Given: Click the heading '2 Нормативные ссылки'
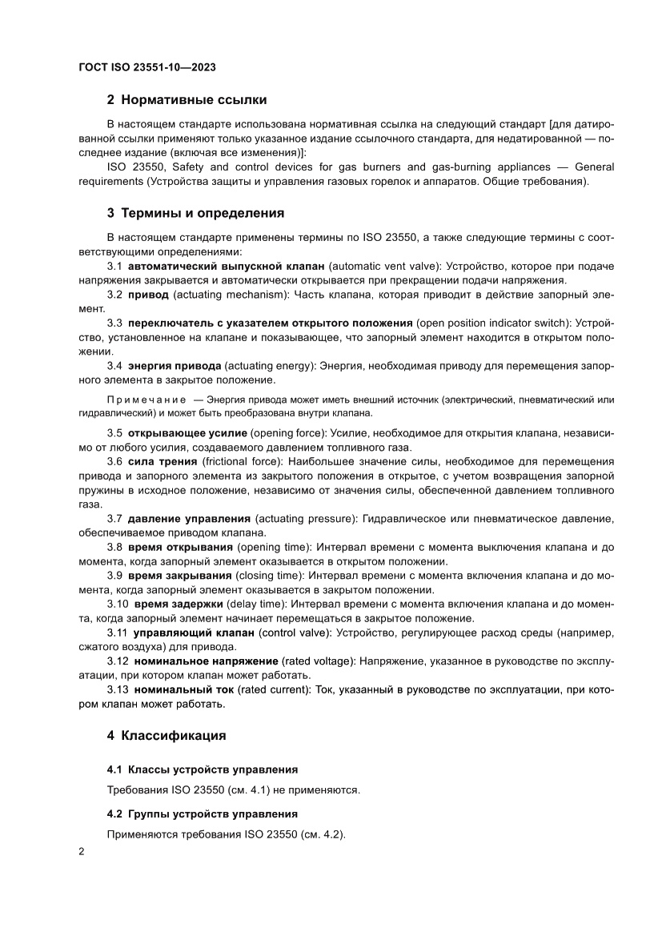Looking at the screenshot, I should click(x=187, y=100).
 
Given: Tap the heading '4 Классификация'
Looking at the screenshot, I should click(x=167, y=735).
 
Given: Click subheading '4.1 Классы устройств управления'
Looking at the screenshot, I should click(x=203, y=769).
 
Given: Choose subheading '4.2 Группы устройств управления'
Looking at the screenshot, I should click(x=203, y=814).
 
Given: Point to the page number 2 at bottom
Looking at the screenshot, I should click(x=82, y=852).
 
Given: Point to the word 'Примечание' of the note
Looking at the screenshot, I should click(x=142, y=398).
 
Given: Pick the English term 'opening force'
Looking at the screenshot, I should click(x=283, y=433).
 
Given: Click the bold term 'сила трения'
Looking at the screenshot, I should click(x=163, y=461).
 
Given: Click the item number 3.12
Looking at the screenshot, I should click(x=118, y=661).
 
